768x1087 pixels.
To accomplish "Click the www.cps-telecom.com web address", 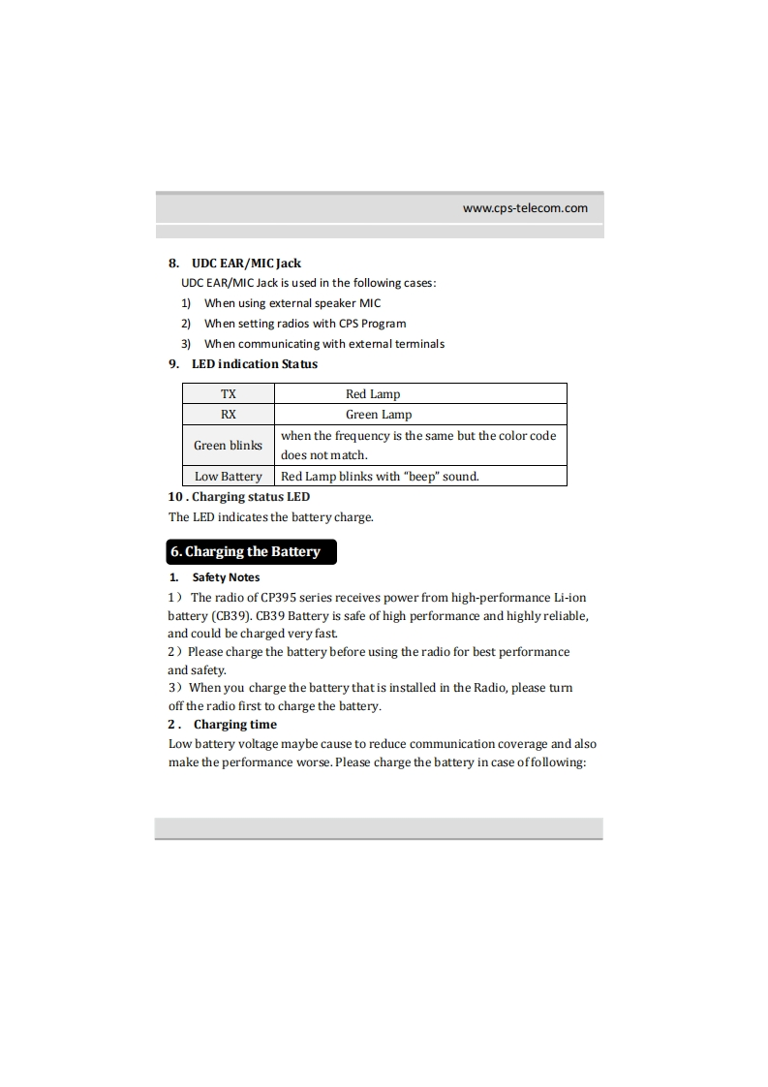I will tap(525, 207).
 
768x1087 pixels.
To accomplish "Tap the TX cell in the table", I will tap(228, 394).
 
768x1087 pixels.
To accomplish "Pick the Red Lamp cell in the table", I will tap(373, 394).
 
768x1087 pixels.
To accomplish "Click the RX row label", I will tap(228, 414).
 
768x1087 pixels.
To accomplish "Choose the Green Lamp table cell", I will tap(379, 414).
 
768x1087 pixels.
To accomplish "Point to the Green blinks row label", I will tap(228, 446).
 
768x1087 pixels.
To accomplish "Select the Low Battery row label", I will tap(228, 476).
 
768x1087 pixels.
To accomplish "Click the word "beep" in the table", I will tap(420, 476).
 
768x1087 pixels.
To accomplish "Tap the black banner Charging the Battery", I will tap(252, 551).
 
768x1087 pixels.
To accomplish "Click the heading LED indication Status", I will tap(254, 364).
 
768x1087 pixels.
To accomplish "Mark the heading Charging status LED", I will tap(251, 497).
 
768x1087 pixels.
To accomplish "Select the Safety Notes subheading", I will tap(226, 577).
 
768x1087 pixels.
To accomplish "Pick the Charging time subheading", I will tap(234, 725).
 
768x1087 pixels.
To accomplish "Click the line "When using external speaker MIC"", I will tap(292, 303).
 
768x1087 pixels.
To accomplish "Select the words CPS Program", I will tap(372, 324).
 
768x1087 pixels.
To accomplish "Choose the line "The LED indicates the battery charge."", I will tap(270, 516).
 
